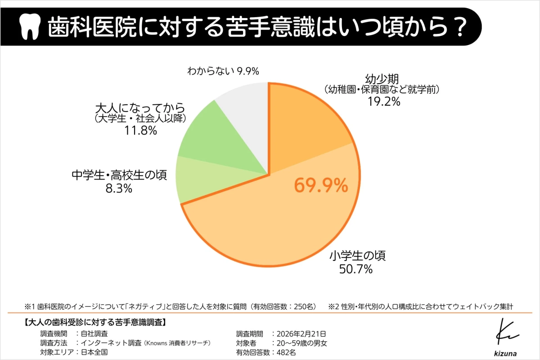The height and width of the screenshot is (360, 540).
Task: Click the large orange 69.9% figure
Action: tap(321, 185)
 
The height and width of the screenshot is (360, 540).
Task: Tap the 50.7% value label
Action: tap(356, 269)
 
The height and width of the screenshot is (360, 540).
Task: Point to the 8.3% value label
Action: tap(118, 188)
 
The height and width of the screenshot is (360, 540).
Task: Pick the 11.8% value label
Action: tap(140, 131)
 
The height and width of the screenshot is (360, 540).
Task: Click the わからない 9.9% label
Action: tap(224, 71)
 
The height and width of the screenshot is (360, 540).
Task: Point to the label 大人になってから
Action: tap(140, 108)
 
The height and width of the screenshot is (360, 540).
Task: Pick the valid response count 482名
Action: tap(286, 352)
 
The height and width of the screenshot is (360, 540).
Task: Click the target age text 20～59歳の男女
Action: tap(302, 343)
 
